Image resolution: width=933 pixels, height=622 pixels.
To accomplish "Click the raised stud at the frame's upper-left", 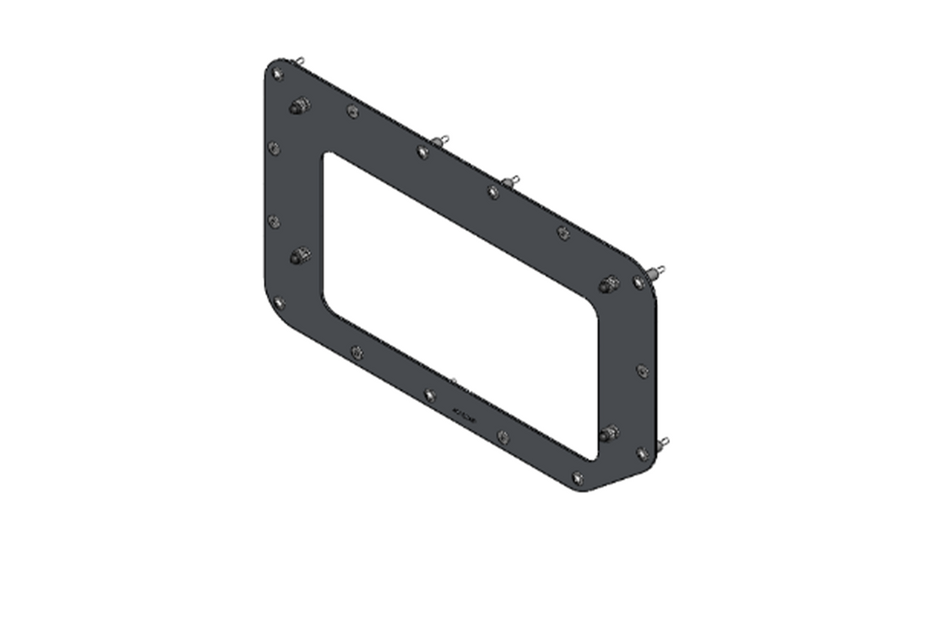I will tap(298, 107).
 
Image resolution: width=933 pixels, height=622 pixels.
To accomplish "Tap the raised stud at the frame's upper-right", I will tap(609, 286).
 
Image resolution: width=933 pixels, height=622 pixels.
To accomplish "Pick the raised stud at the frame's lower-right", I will tap(610, 433).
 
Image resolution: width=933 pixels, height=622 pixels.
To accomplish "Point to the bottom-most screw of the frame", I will tap(577, 477).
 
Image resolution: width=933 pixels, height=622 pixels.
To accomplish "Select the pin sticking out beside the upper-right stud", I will tap(655, 272).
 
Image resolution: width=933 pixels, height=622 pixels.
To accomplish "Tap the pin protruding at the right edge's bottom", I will tap(662, 443).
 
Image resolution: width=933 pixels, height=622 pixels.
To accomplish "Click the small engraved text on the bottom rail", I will tap(464, 414).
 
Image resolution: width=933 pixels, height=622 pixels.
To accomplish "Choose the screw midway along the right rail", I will tap(642, 371).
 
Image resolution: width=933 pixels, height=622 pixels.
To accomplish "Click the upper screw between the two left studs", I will tap(274, 148).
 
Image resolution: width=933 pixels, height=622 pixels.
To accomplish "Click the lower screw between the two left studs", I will tap(273, 220).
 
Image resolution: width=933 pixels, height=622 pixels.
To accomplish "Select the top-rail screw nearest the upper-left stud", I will tap(353, 111).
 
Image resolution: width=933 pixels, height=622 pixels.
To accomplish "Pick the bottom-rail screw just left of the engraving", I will tap(430, 394).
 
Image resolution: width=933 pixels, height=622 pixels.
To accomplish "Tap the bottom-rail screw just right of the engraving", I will tap(503, 436).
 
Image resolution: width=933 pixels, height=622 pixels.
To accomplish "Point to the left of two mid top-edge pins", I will tap(441, 141).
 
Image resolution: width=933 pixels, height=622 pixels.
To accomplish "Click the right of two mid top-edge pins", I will tap(512, 181).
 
